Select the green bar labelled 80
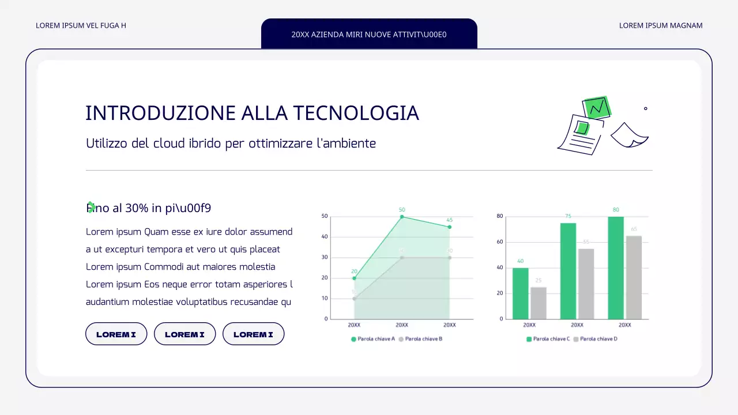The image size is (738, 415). (x=616, y=267)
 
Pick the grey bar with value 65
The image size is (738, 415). (x=634, y=277)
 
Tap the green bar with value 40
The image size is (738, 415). (x=521, y=293)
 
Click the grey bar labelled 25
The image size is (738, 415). (x=539, y=303)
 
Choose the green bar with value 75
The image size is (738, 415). (x=568, y=271)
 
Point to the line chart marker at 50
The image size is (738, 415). (x=402, y=217)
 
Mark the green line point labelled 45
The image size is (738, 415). (x=449, y=227)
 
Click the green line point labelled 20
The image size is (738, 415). (x=354, y=278)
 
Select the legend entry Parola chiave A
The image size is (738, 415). (x=373, y=339)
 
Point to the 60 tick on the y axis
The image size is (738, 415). (x=500, y=242)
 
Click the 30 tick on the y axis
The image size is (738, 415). (x=325, y=258)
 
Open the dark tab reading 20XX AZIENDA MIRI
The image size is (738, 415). (x=369, y=34)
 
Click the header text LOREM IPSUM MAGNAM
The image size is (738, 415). (x=661, y=25)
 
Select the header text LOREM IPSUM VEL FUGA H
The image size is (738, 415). (x=81, y=25)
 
